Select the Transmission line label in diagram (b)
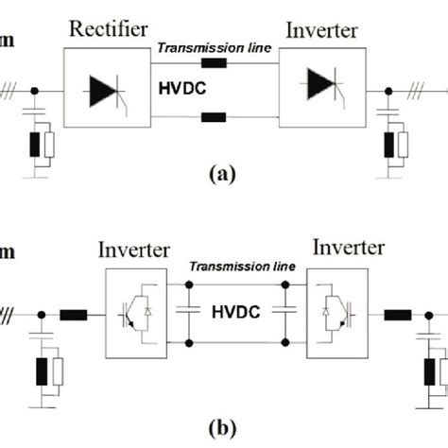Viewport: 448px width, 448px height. [242, 268]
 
